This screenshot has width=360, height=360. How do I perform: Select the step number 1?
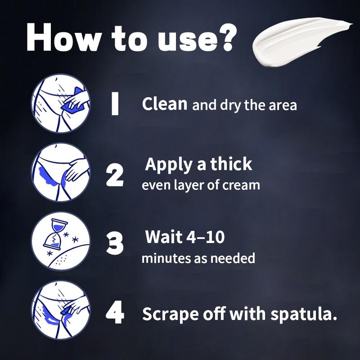(115, 104)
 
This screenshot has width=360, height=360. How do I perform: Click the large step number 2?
(115, 175)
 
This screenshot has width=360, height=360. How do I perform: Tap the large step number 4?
(115, 314)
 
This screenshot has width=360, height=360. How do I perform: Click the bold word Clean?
(165, 104)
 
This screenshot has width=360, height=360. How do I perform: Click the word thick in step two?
(231, 165)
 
